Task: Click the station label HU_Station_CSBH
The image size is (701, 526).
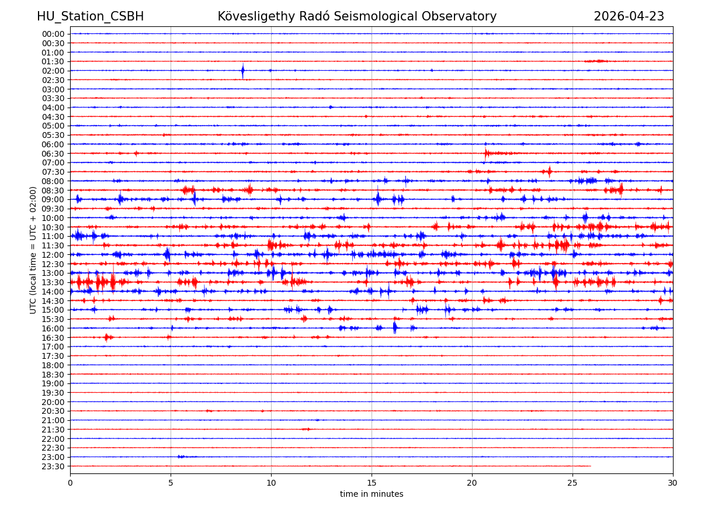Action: (90, 17)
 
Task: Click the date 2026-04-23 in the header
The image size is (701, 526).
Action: (629, 17)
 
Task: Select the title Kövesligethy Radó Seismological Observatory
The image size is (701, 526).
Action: (357, 17)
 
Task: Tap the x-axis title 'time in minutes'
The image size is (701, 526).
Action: (372, 494)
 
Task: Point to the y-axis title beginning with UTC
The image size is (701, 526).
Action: (33, 250)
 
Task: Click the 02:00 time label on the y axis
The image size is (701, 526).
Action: (53, 71)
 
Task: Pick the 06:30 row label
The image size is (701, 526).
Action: (53, 154)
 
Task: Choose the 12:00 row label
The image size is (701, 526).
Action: (53, 255)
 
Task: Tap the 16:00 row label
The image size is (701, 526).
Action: (53, 328)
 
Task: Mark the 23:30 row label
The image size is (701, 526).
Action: (53, 466)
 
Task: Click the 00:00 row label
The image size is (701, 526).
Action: (53, 34)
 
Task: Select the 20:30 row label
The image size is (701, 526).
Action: (53, 411)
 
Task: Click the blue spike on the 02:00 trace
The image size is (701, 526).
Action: (242, 71)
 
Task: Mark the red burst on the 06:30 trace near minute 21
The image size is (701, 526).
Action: (487, 153)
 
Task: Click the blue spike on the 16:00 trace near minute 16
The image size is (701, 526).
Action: (395, 328)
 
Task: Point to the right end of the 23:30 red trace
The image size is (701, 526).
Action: (591, 466)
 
